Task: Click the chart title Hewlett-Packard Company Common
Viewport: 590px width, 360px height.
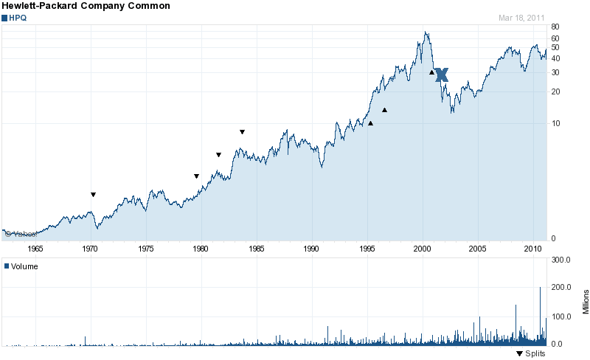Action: point(86,6)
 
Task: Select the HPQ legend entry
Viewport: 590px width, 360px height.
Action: point(16,17)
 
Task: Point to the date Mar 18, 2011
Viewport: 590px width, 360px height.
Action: point(522,17)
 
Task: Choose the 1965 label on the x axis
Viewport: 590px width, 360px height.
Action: point(35,249)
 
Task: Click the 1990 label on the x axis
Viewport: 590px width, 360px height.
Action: point(312,249)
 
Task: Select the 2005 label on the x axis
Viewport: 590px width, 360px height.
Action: point(478,249)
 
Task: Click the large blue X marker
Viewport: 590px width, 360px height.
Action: point(441,75)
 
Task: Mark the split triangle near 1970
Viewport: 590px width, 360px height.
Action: point(93,195)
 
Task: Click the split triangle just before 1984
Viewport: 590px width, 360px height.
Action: point(242,132)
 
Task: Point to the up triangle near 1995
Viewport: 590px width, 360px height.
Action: point(370,123)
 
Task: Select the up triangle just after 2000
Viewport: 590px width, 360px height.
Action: point(431,72)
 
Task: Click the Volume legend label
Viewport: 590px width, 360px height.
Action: point(24,266)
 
